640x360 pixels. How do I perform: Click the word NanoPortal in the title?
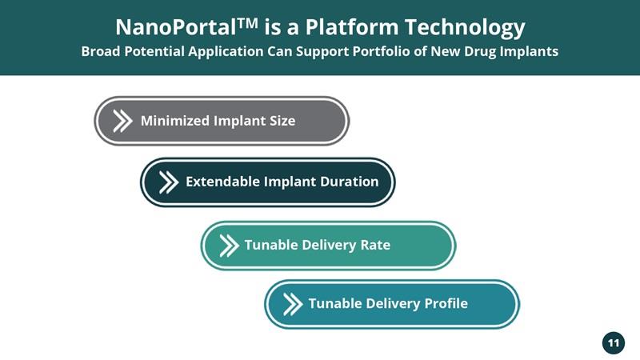point(175,27)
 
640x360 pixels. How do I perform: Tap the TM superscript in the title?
point(247,22)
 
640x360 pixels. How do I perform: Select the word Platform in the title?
point(351,27)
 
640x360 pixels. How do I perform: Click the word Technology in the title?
point(465,28)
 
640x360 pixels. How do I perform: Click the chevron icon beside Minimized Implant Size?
point(122,121)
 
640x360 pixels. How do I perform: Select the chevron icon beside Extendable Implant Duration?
point(169,182)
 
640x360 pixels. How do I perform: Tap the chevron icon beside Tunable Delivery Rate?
point(229,246)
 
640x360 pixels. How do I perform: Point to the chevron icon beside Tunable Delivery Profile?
point(293,305)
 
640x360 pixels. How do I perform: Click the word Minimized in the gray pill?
point(175,121)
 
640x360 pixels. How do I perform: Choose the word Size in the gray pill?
point(282,121)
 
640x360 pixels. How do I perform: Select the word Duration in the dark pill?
point(349,182)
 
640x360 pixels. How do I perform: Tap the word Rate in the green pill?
point(375,245)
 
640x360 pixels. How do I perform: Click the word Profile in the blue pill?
point(446,303)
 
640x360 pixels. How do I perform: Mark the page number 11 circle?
point(614,343)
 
